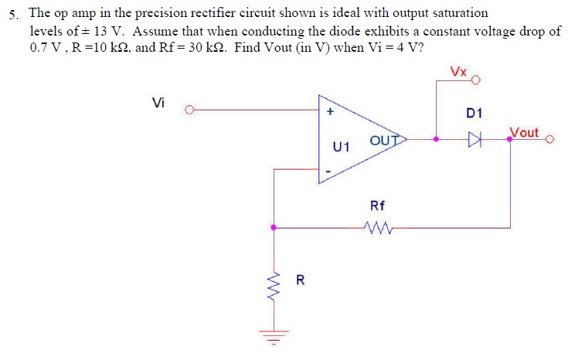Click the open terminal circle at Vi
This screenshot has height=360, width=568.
189,110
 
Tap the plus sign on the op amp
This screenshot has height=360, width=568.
330,111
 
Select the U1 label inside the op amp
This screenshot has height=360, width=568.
341,146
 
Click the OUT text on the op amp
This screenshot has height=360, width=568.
383,140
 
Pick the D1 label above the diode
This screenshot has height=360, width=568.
474,114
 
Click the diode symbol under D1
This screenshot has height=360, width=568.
474,140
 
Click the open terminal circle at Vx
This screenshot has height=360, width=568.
476,80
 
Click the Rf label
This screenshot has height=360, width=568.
378,205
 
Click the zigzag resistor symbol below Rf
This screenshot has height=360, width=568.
378,227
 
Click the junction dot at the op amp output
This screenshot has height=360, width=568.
437,140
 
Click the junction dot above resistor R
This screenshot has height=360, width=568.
273,227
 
